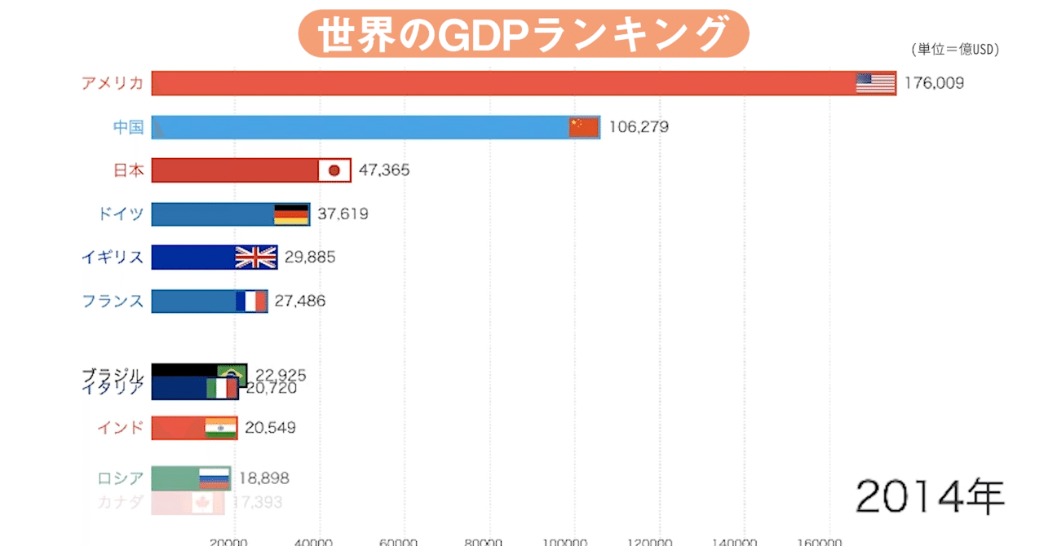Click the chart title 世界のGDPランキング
point(522,33)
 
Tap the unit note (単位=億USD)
point(954,50)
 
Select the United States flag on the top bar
point(875,83)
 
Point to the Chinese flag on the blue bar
point(583,127)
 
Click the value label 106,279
point(639,127)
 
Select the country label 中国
point(128,127)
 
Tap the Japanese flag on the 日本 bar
point(334,170)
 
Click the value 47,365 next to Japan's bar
point(383,170)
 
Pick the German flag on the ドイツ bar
point(291,214)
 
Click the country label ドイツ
point(119,214)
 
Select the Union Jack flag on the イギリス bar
point(256,258)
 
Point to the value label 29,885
point(309,258)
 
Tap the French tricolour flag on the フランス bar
point(251,302)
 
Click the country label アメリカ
point(113,83)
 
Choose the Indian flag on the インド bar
point(220,428)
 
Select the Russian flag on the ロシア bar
point(215,478)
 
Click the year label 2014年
point(930,495)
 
